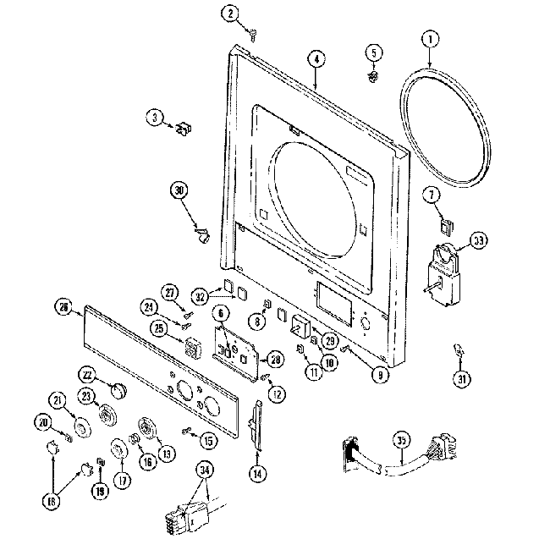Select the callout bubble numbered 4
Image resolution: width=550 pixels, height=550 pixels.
point(316,59)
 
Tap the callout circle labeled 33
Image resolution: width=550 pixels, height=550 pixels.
point(480,241)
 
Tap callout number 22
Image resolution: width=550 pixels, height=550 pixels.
point(86,375)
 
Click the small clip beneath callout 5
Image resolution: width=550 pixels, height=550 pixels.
point(371,77)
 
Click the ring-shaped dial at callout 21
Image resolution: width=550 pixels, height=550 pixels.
point(83,428)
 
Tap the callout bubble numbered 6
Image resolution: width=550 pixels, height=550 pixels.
point(222,312)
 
